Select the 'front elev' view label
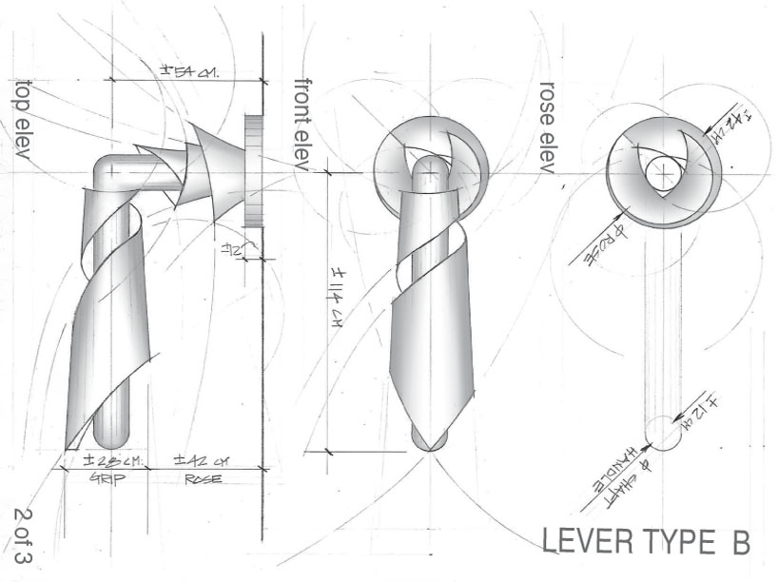[x=302, y=124]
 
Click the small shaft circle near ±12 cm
[x=663, y=434]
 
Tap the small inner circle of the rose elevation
[x=662, y=175]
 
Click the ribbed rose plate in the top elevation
[x=253, y=171]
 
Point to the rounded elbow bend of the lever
[x=106, y=171]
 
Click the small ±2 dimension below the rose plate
[x=231, y=250]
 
